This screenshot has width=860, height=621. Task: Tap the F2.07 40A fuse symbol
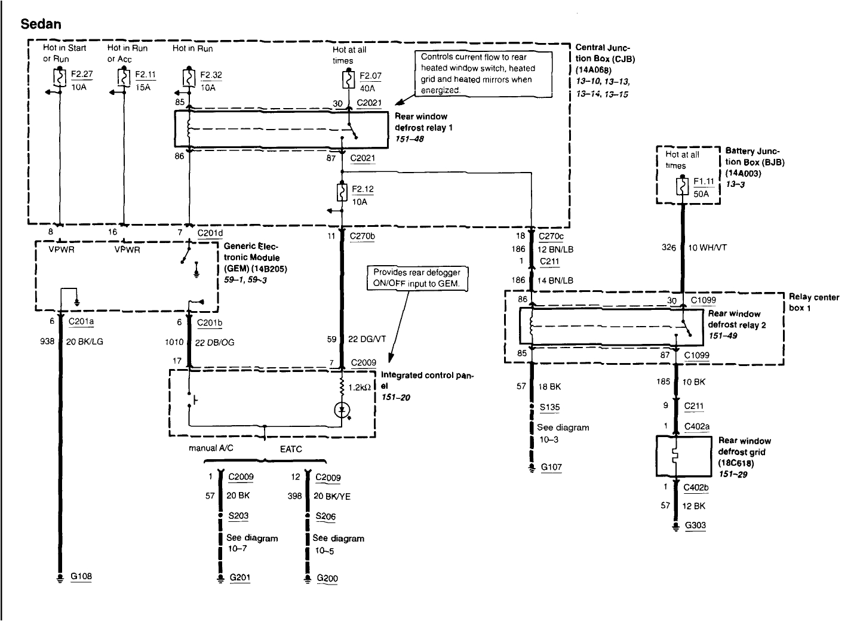point(348,79)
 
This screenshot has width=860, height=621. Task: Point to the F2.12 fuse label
point(363,189)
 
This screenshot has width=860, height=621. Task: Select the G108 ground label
point(81,576)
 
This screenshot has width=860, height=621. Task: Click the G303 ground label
point(695,525)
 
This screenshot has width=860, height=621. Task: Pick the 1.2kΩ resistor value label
point(360,386)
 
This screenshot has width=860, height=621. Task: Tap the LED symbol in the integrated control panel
point(342,410)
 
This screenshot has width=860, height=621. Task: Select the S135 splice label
point(549,407)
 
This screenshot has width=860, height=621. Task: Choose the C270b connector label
point(363,236)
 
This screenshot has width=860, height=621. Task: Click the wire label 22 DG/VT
point(367,339)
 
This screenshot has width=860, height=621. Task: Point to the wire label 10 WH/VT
point(707,247)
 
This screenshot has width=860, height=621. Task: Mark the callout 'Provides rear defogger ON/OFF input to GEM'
point(417,278)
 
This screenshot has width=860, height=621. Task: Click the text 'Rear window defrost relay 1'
point(420,122)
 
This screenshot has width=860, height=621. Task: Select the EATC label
point(291,448)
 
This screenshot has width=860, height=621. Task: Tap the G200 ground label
point(327,578)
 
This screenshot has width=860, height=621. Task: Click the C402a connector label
point(697,426)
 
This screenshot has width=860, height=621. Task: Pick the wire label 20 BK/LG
point(87,342)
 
